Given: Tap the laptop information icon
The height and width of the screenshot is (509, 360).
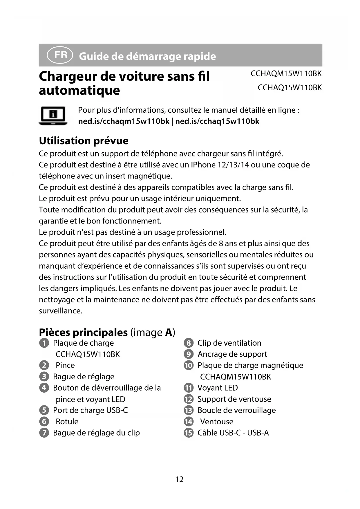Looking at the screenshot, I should (x=53, y=115).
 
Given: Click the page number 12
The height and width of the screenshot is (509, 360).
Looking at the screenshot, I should (x=179, y=479).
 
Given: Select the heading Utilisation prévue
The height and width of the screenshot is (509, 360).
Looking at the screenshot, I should (x=84, y=141).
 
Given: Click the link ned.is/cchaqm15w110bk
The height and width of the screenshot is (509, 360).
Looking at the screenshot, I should (x=124, y=121).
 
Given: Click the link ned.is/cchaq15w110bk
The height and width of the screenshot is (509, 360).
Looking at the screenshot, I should (x=217, y=121).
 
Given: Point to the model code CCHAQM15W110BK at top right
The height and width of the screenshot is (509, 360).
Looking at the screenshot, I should (x=286, y=74).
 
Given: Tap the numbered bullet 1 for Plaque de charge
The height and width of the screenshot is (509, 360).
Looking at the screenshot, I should (x=44, y=343).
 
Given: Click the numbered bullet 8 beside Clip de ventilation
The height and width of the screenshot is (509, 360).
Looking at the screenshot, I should (x=189, y=343).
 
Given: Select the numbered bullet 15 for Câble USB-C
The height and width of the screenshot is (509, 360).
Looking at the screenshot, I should (x=189, y=433).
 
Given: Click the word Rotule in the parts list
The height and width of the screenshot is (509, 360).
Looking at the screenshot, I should (x=67, y=421).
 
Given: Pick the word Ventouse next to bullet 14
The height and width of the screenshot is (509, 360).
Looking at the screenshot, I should (x=217, y=421).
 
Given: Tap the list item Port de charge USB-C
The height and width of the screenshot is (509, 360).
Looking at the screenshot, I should (x=90, y=410).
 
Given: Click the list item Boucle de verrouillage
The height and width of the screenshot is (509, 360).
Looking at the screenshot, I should (x=236, y=410).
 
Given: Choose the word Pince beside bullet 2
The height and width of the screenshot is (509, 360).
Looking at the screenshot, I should (x=65, y=365).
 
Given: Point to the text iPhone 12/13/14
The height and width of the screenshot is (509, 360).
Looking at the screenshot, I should (x=220, y=165).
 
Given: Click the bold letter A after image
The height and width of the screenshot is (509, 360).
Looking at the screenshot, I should (x=169, y=332).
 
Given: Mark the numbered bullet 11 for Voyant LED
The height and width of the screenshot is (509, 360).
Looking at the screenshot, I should (x=189, y=388).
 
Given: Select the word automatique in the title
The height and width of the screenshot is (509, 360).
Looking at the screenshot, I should (x=79, y=90).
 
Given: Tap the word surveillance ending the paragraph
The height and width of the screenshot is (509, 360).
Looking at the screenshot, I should (x=61, y=311).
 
